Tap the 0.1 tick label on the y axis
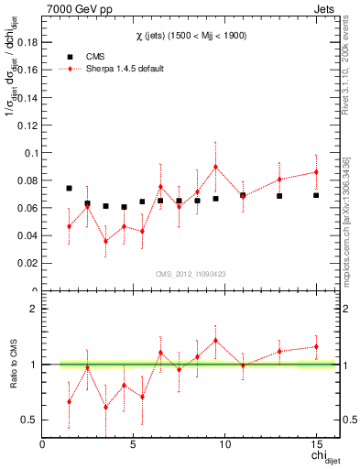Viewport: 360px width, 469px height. pyautogui.click(x=30, y=153)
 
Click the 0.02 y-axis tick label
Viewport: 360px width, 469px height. pyautogui.click(x=27, y=264)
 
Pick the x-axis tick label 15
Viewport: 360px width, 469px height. pyautogui.click(x=316, y=445)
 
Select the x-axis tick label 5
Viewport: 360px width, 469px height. pyautogui.click(x=134, y=445)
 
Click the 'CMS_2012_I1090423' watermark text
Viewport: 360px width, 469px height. pyautogui.click(x=190, y=274)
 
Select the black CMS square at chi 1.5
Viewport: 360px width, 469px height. pyautogui.click(x=70, y=188)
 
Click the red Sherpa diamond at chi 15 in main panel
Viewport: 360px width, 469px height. pyautogui.click(x=316, y=172)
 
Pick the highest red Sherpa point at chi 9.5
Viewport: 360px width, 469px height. pyautogui.click(x=215, y=167)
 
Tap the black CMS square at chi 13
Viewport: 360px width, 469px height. pyautogui.click(x=279, y=196)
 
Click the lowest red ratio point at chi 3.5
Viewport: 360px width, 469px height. pyautogui.click(x=106, y=408)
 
